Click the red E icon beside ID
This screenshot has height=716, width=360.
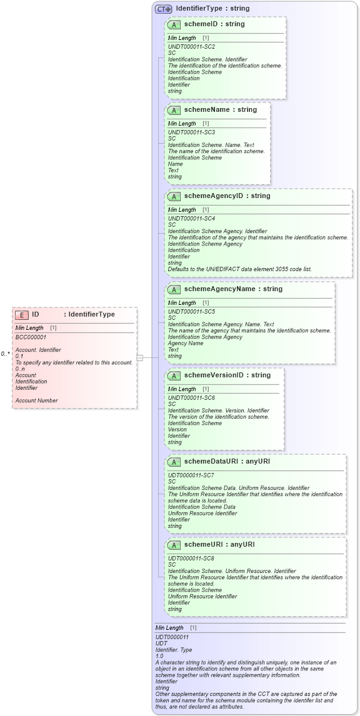22,315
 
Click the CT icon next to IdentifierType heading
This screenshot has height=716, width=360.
164,9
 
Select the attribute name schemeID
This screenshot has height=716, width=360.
204,24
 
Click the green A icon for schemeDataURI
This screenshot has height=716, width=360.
174,462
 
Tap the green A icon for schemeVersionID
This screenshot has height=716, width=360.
174,375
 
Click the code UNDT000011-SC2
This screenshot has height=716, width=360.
191,47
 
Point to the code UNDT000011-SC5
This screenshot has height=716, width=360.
191,312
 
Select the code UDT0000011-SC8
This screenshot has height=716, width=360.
191,558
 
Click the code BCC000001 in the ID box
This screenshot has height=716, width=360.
31,337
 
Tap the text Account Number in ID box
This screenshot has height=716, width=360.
36,400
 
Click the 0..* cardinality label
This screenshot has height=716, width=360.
6,354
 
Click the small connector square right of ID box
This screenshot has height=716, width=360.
140,357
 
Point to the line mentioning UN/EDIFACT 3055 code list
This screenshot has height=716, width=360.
239,269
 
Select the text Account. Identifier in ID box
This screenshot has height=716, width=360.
38,350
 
